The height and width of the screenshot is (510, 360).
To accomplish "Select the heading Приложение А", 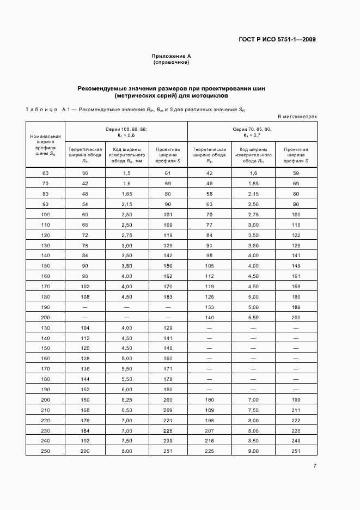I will (172, 56).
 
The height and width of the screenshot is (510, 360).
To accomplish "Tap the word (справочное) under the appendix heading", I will (172, 63).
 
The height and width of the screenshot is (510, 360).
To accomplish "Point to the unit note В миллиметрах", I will (297, 117).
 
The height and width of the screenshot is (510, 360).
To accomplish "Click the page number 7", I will (315, 465).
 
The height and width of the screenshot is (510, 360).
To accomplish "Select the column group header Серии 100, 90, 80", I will (126, 129).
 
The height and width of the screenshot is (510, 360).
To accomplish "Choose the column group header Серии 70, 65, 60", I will (252, 129).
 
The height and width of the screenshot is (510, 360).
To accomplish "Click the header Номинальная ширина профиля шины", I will (46, 145).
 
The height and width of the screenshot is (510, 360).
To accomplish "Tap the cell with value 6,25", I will (127, 399).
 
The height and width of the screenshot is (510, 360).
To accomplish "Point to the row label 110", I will (46, 224).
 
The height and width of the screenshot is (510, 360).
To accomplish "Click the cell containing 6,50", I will (127, 409).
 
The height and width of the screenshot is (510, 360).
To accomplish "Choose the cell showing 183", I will (168, 297).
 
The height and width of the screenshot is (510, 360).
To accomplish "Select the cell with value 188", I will (296, 307).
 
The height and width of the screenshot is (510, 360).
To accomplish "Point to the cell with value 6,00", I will (127, 390).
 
